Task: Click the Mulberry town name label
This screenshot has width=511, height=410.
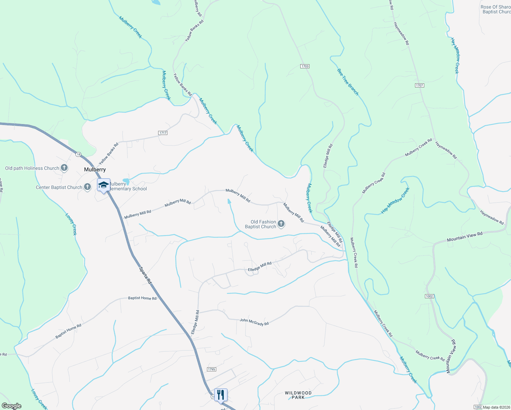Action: pos(95,169)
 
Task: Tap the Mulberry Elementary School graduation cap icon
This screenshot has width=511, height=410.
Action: pos(103,185)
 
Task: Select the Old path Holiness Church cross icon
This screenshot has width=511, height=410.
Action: pos(64,168)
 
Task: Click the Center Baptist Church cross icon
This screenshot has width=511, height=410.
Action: pos(87,187)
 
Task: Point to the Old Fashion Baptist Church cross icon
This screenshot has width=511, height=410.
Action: pos(281,224)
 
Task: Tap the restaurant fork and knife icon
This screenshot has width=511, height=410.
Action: pos(221,395)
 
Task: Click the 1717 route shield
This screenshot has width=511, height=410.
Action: pos(163,133)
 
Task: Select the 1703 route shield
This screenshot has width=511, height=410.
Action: pos(305,66)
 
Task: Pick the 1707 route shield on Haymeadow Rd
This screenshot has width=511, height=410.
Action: pos(420,85)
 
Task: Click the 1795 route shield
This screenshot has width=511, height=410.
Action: pos(211,369)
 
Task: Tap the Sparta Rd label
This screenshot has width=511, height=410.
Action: pos(145,275)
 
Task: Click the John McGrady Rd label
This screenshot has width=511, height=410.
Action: pos(254,322)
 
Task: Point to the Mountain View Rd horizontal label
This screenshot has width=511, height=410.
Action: pos(465,236)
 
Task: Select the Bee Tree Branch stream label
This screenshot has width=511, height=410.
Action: pos(348,82)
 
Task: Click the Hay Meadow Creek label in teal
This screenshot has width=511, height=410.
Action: pos(395,201)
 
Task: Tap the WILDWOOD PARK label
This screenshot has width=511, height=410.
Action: pos(298,395)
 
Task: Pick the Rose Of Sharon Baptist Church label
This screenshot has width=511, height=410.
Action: pos(496,9)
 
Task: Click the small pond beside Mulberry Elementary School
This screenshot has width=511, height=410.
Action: pos(126,180)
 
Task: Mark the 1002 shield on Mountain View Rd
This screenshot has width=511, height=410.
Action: pos(430,296)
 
